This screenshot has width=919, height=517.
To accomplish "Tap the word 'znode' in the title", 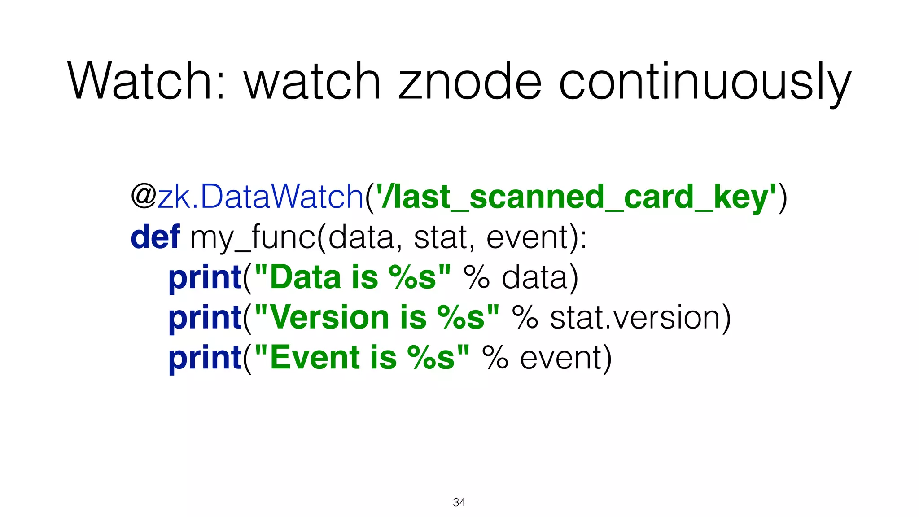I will tap(470, 82).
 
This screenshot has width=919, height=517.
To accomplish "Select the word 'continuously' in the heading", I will tap(705, 82).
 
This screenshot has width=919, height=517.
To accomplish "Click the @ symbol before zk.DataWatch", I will tap(143, 196).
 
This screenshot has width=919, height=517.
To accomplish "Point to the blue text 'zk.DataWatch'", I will tap(260, 196).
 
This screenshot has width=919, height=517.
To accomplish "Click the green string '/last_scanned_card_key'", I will tap(576, 197).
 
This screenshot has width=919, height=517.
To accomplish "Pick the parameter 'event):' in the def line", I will tap(537, 237).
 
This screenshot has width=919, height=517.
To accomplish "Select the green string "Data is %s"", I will tap(353, 277).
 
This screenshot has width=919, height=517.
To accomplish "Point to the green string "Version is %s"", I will tap(377, 317).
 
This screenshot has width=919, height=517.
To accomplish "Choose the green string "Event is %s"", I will tap(362, 358).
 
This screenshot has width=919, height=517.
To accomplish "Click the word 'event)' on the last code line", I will tap(566, 358).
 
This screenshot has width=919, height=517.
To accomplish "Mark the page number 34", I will tap(459, 502).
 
